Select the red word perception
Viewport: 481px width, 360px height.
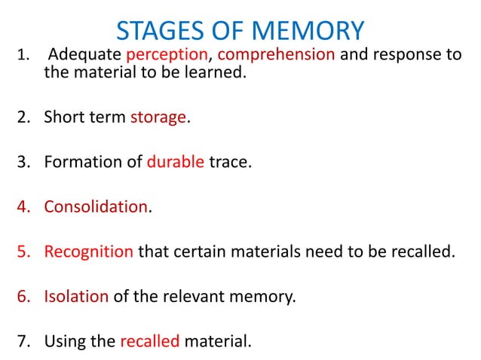(166, 55)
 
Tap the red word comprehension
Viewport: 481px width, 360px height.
(276, 55)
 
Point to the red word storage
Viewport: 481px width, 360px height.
(158, 117)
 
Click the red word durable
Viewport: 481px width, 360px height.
(175, 162)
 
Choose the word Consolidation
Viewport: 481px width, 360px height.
(95, 206)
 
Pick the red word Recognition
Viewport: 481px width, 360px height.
(88, 251)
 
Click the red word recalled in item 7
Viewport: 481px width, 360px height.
(149, 340)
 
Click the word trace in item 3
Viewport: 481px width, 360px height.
(229, 162)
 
